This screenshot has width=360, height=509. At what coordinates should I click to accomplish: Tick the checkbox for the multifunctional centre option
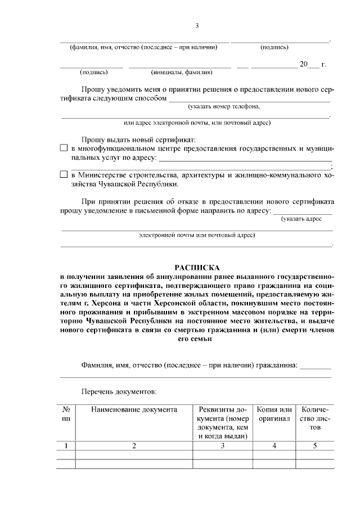point(64,148)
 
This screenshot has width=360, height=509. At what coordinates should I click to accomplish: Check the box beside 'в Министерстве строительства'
point(64,175)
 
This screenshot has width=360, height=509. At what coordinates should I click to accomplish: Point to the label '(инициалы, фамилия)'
point(181,72)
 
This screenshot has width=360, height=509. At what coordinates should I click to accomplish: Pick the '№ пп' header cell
point(66,414)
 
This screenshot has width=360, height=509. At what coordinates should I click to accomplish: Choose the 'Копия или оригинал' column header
point(274,414)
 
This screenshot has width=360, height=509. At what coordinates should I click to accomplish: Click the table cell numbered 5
point(315,446)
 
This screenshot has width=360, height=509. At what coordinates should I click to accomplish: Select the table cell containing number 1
point(66,446)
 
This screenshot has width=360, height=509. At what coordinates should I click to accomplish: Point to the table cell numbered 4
point(274,446)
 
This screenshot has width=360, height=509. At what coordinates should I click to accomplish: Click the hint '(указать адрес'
point(301,219)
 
